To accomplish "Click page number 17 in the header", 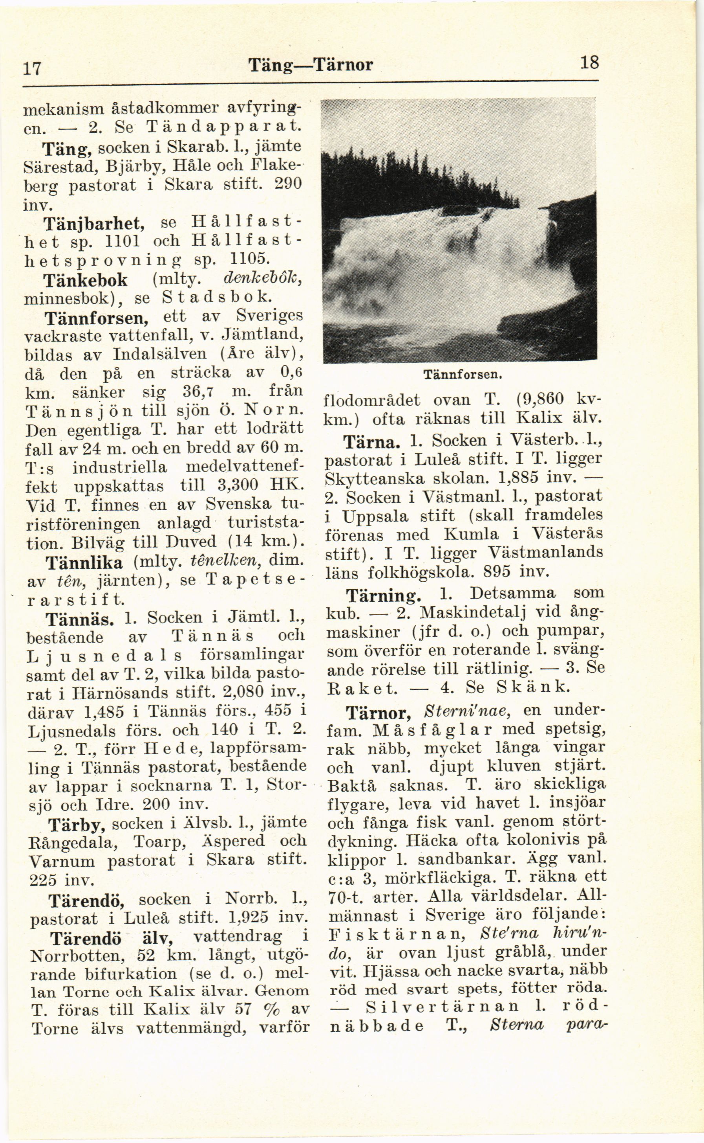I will [33, 68].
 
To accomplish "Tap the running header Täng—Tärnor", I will [311, 65].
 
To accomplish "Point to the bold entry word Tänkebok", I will [85, 279].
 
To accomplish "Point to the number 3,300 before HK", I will [236, 485].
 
